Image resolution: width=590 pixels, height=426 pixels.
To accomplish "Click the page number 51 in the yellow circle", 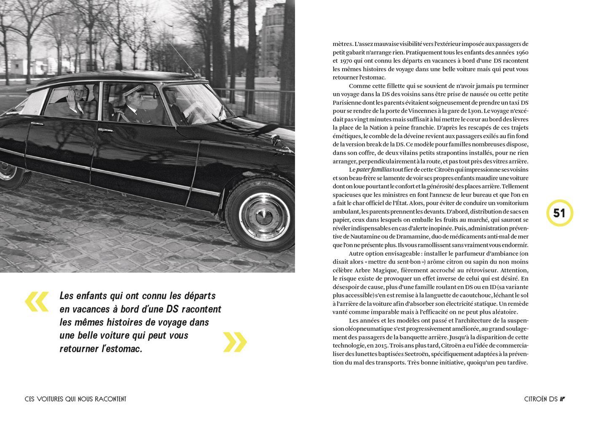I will pyautogui.click(x=559, y=213).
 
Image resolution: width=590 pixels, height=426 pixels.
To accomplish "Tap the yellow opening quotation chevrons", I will pyautogui.click(x=37, y=302).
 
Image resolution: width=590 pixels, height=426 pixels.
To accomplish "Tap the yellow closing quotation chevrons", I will pyautogui.click(x=235, y=342).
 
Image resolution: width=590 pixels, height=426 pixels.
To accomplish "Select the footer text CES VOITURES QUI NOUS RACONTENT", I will pyautogui.click(x=75, y=399).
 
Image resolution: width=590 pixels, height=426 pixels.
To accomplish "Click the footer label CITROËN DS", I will pyautogui.click(x=541, y=399).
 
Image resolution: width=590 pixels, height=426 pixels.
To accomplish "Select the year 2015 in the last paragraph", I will pyautogui.click(x=385, y=346).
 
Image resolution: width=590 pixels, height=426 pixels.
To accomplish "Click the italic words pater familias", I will pyautogui.click(x=374, y=170).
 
